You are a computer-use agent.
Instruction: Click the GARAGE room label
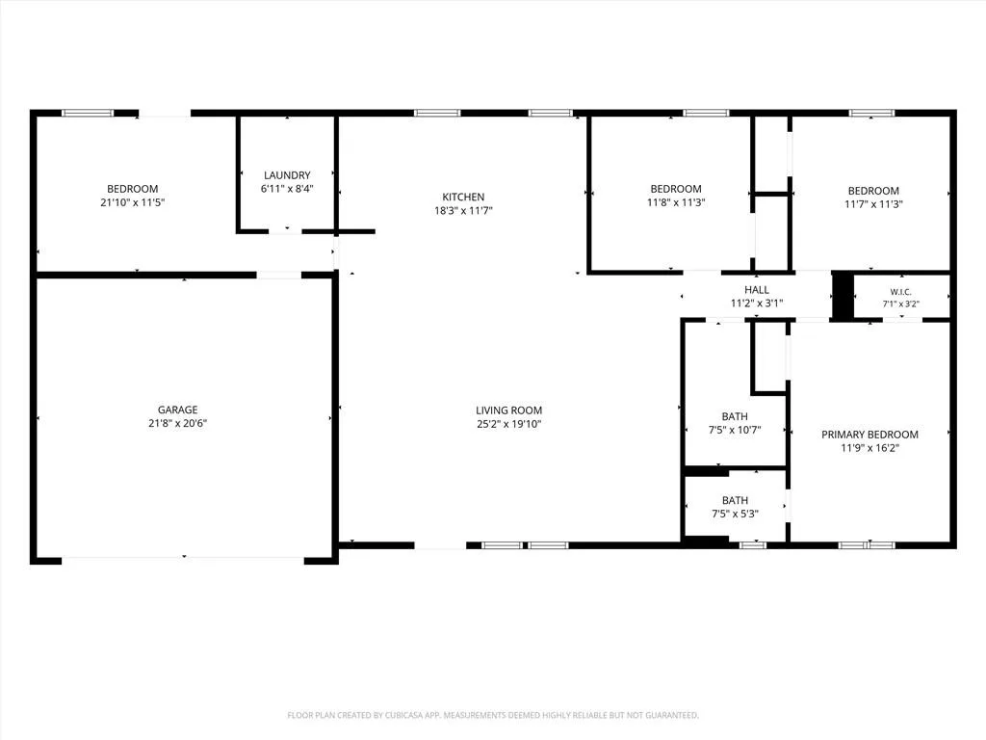point(178,410)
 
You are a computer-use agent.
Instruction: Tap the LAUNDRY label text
point(287,175)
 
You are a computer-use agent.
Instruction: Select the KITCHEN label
point(463,197)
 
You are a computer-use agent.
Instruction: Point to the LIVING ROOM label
point(508,410)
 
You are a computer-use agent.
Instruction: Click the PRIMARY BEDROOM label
point(869,435)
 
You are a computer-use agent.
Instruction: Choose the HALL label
point(757,289)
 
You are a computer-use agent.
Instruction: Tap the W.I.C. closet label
point(900,292)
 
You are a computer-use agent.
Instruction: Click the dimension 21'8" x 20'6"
point(178,424)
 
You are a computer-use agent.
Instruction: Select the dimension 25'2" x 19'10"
point(508,424)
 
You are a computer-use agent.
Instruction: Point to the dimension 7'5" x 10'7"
point(735,431)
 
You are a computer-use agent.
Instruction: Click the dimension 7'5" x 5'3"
point(735,514)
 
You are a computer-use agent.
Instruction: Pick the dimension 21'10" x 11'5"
point(132,202)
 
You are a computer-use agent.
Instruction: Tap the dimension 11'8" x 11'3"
point(676,202)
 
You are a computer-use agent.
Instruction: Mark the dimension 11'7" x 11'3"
point(873,204)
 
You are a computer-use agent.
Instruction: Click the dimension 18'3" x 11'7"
point(463,211)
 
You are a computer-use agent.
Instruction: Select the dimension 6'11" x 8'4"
point(287,188)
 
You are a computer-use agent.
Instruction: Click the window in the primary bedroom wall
point(867,545)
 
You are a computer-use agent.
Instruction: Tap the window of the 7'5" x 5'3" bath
point(752,545)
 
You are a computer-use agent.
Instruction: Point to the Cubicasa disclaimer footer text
point(493,716)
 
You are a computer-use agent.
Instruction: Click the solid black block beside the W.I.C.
point(843,296)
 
